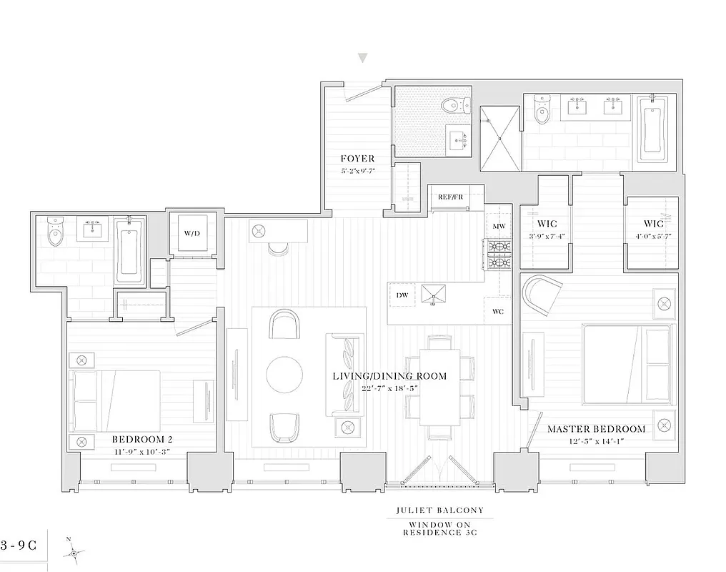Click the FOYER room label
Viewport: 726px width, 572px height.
357,159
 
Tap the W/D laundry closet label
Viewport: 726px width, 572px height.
192,233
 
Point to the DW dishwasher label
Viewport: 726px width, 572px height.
401,294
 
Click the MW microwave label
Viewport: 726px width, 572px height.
499,227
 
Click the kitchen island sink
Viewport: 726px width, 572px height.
433,295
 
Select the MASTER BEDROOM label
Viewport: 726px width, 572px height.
596,429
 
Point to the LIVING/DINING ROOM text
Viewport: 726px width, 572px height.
389,376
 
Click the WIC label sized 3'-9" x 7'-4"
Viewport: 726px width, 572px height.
547,224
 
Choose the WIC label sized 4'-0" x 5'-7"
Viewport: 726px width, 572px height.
653,224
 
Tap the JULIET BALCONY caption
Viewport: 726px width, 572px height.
439,511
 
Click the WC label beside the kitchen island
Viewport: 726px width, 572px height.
499,312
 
